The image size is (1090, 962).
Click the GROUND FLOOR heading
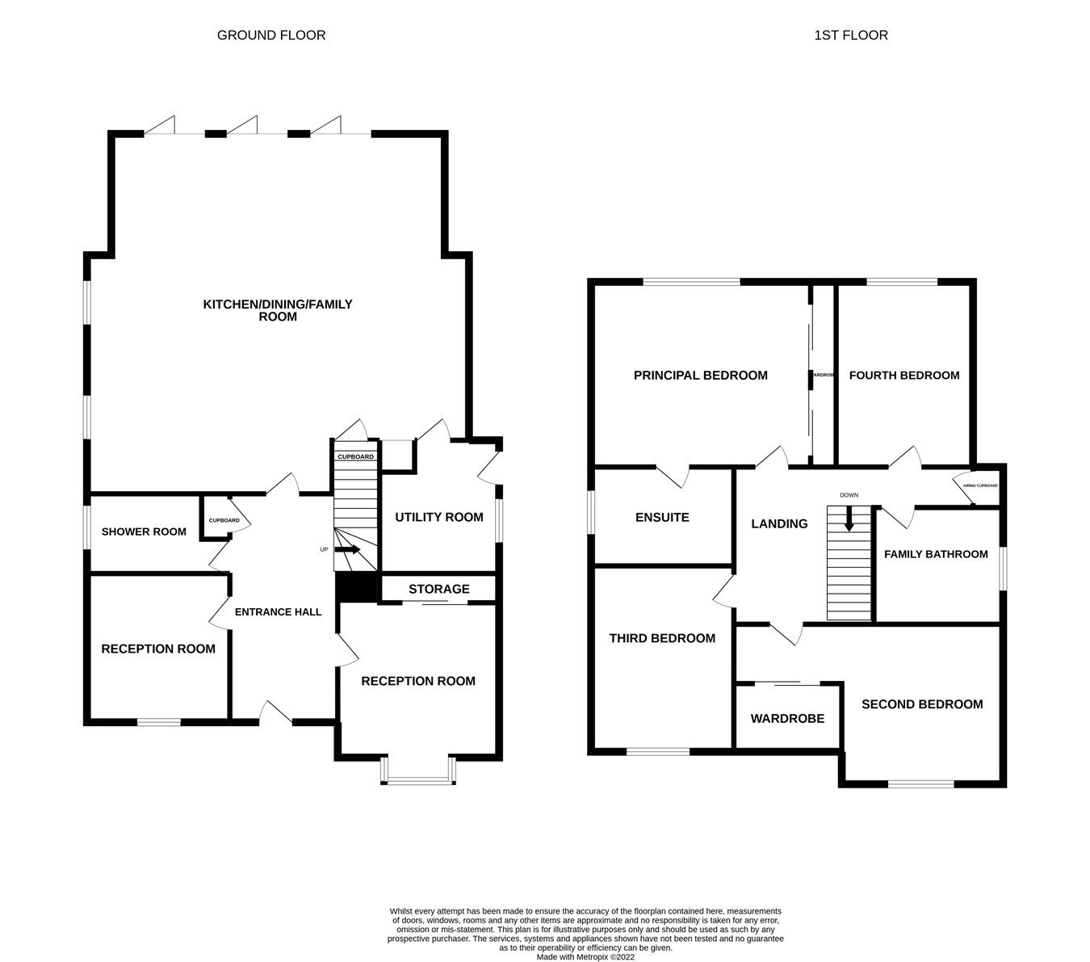tap(271, 35)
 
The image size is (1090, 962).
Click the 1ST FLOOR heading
tap(851, 35)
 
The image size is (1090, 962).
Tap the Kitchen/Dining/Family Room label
tap(277, 310)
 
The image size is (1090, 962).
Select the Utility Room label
tap(438, 517)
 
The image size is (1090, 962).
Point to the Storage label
tap(438, 589)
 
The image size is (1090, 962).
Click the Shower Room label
tap(144, 531)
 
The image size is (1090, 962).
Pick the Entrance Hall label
tap(278, 611)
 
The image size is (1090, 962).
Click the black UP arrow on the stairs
tap(347, 549)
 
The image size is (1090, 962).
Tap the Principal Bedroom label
tap(700, 375)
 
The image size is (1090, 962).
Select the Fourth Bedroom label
tap(904, 375)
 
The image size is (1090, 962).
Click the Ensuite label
tap(662, 517)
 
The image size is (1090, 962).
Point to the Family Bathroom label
tap(936, 554)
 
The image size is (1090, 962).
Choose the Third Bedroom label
tap(662, 638)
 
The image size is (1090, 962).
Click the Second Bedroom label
tap(922, 704)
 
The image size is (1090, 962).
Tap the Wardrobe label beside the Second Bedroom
tap(787, 718)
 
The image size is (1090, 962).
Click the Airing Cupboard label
tap(979, 485)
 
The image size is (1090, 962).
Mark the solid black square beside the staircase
tap(356, 587)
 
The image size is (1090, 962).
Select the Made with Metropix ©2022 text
tap(585, 956)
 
